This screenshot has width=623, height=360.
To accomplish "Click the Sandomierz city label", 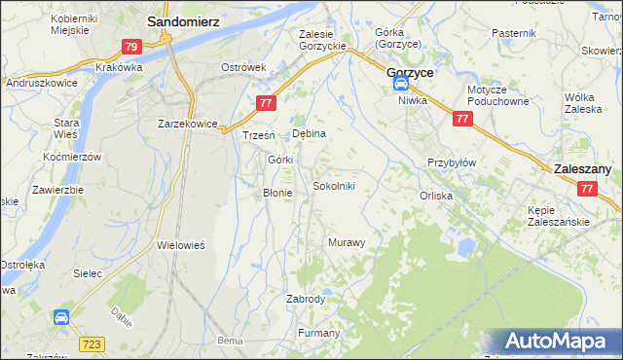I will pos(182,19).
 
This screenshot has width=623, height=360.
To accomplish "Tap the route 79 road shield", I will pos(131,46).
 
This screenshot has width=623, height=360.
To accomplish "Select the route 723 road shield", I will pos(92,344).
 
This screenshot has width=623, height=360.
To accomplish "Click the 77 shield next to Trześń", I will pos(265,103).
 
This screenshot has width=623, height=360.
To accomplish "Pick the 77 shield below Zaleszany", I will pos(585,189).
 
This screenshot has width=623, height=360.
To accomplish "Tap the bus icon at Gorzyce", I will pos(402,85).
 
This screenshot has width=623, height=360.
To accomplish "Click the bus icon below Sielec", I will pos(60,316).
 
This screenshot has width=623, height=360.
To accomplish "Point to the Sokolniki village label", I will pos(340,185).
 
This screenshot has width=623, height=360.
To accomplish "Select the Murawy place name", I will pos(347,241).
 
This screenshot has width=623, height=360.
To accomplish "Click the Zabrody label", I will pos(306,299).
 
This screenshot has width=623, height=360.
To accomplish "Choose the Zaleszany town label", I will pos(582,168).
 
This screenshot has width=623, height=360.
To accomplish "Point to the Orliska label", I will pos(436,195).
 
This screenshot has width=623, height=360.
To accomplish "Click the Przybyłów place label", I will pos(452,162).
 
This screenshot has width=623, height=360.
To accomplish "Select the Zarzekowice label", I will pos(187,124).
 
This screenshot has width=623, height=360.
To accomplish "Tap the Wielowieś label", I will pos(180,246).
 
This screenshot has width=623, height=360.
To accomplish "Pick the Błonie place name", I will pos(277,193).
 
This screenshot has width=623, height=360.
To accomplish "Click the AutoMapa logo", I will pos(561,341).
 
